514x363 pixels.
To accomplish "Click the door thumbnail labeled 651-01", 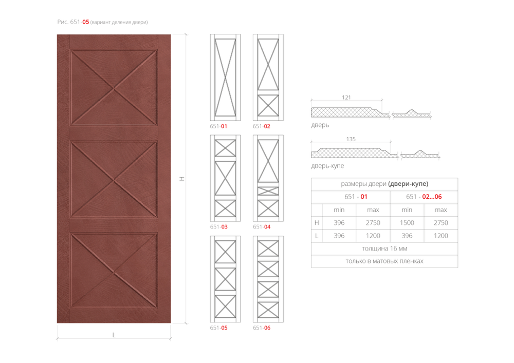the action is pyautogui.click(x=225, y=77).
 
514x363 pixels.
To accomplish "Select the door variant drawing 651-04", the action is pyautogui.click(x=268, y=178).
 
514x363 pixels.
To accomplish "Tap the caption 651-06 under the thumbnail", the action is pyautogui.click(x=262, y=328).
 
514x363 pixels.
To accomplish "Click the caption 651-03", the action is pyautogui.click(x=218, y=227).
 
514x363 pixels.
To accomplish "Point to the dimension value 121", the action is pyautogui.click(x=346, y=98).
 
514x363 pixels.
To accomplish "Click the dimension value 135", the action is pyautogui.click(x=351, y=139).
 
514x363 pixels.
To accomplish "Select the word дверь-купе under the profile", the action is pyautogui.click(x=327, y=166).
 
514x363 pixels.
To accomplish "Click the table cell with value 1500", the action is pyautogui.click(x=407, y=223).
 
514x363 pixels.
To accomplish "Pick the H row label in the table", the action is pyautogui.click(x=317, y=223).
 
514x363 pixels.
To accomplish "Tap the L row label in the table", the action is pyautogui.click(x=316, y=236).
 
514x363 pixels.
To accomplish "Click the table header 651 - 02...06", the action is pyautogui.click(x=424, y=197).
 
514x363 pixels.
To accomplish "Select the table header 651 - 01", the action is pyautogui.click(x=356, y=197).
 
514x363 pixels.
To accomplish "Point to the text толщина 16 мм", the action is pyautogui.click(x=384, y=249).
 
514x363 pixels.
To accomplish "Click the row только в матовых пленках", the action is pyautogui.click(x=384, y=261).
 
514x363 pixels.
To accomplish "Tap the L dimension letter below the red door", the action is pyautogui.click(x=114, y=335).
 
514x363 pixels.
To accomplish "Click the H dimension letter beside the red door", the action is pyautogui.click(x=182, y=179).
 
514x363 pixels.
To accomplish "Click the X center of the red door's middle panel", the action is pyautogui.click(x=114, y=180).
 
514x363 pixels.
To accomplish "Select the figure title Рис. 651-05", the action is pyautogui.click(x=73, y=22).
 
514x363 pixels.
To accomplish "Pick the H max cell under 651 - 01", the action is pyautogui.click(x=373, y=223).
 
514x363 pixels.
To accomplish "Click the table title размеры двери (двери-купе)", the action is pyautogui.click(x=384, y=184).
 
